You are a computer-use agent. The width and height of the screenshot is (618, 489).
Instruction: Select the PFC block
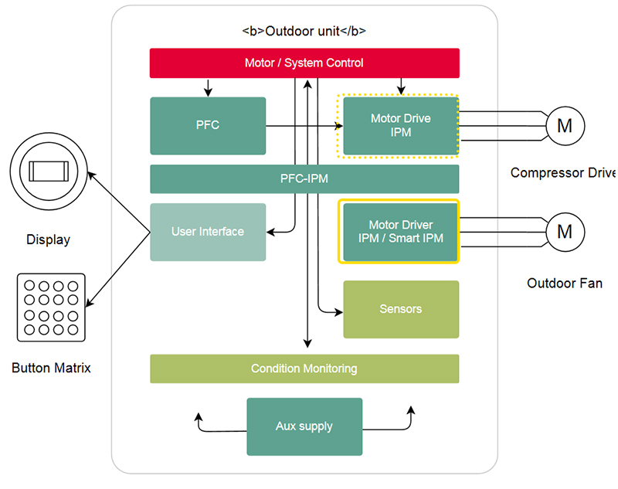pos(208,125)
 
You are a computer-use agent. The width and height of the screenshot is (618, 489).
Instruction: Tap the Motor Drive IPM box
pos(400,125)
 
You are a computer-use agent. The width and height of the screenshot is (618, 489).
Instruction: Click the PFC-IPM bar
pos(304,178)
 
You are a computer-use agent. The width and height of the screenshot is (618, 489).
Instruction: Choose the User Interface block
pos(208,232)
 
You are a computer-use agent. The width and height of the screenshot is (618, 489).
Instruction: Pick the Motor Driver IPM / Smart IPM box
pos(400,232)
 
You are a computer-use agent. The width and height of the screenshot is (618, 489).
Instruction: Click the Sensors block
pos(400,309)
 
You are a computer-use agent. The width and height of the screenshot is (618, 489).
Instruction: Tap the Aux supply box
pos(304,426)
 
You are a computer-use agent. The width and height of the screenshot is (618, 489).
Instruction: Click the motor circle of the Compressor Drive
pos(565,125)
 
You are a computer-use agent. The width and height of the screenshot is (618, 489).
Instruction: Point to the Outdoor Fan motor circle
pos(565,231)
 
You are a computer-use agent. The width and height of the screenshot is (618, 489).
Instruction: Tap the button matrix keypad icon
pos(51,307)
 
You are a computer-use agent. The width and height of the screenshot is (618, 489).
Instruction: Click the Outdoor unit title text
pos(304,32)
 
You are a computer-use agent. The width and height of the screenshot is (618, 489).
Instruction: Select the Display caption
pos(48,239)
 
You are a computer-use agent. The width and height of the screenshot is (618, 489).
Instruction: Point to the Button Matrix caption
pos(51,368)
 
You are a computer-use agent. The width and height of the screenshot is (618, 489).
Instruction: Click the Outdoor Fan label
pos(564,284)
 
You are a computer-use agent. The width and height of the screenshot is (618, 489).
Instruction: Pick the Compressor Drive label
pos(563,173)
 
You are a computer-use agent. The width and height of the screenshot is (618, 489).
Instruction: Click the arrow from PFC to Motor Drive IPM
pos(301,125)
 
